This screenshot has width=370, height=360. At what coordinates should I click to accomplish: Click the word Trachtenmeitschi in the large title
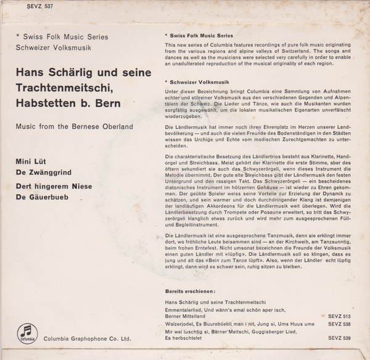tap(64, 89)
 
